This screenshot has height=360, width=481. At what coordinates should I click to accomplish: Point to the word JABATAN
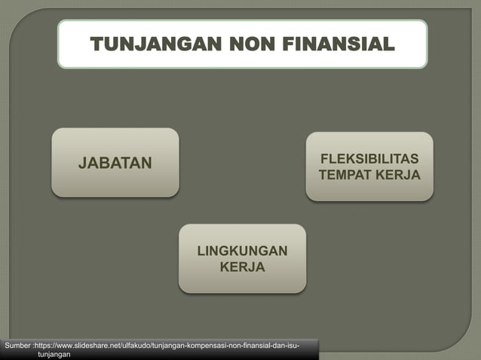(115, 162)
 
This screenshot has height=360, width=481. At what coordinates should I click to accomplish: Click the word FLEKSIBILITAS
(369, 160)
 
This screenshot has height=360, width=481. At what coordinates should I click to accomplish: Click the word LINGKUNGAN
(242, 251)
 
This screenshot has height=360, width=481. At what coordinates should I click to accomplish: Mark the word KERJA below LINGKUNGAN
(242, 267)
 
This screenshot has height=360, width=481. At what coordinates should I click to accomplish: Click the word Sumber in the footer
(17, 345)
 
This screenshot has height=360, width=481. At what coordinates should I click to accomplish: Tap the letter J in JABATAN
(84, 162)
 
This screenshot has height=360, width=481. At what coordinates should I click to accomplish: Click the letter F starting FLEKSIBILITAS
(325, 160)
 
